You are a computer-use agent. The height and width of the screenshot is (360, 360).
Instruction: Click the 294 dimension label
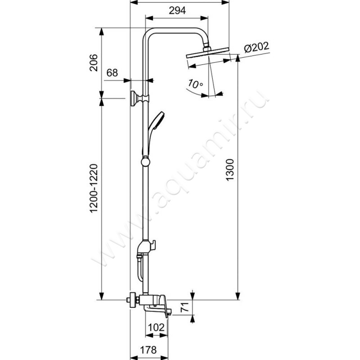(177, 10)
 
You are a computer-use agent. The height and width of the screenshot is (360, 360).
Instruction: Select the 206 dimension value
(94, 63)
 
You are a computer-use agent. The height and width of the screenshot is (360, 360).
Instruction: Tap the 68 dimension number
(112, 73)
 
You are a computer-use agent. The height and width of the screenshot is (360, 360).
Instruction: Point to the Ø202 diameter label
(256, 47)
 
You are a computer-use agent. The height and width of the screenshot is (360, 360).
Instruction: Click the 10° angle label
(195, 84)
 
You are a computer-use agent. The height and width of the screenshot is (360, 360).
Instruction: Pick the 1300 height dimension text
(229, 170)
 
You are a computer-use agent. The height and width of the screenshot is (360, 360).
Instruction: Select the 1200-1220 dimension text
(94, 188)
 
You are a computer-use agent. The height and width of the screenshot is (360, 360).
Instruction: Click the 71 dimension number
(185, 307)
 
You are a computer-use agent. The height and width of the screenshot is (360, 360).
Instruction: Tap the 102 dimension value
(156, 328)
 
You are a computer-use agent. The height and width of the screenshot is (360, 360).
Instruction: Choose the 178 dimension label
(148, 350)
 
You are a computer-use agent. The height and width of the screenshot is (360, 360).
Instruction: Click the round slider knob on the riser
(145, 162)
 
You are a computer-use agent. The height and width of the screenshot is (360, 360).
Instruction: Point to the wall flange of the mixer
(132, 300)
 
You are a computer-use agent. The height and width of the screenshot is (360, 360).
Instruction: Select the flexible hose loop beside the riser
(140, 269)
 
